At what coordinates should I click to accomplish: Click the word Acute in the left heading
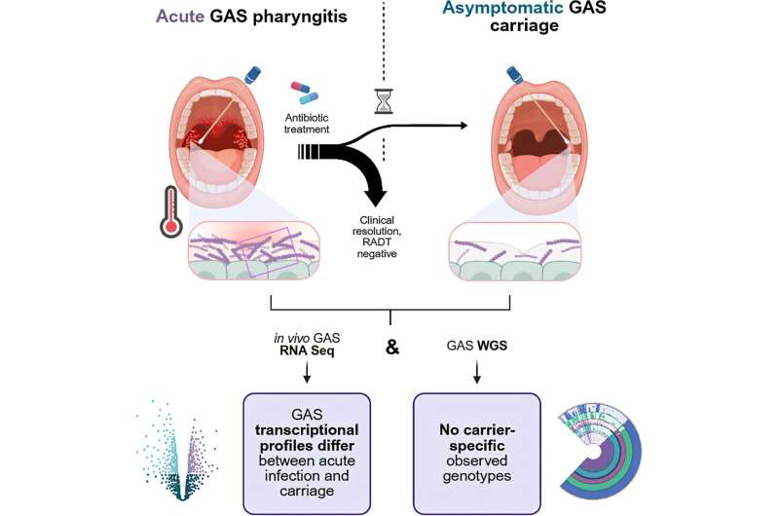[180, 16]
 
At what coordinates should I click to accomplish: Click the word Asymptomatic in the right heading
[502, 8]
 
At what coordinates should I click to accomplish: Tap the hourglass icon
[384, 101]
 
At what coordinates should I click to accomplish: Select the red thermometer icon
[171, 211]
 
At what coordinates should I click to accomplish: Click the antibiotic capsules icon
[304, 92]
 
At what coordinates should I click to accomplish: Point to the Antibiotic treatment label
[307, 124]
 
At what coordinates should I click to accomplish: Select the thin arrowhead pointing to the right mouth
[464, 126]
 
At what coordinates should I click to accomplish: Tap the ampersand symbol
[392, 348]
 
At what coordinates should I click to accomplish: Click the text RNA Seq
[307, 351]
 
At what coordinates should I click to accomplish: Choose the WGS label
[493, 346]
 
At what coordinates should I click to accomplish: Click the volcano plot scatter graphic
[177, 450]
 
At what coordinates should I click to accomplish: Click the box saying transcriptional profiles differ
[307, 454]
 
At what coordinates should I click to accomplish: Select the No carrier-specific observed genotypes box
[476, 454]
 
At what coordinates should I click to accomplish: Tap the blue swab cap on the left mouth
[252, 75]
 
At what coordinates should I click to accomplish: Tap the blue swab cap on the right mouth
[514, 75]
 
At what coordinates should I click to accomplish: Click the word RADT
[377, 242]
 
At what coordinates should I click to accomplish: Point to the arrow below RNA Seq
[307, 373]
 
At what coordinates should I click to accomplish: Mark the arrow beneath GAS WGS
[477, 373]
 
